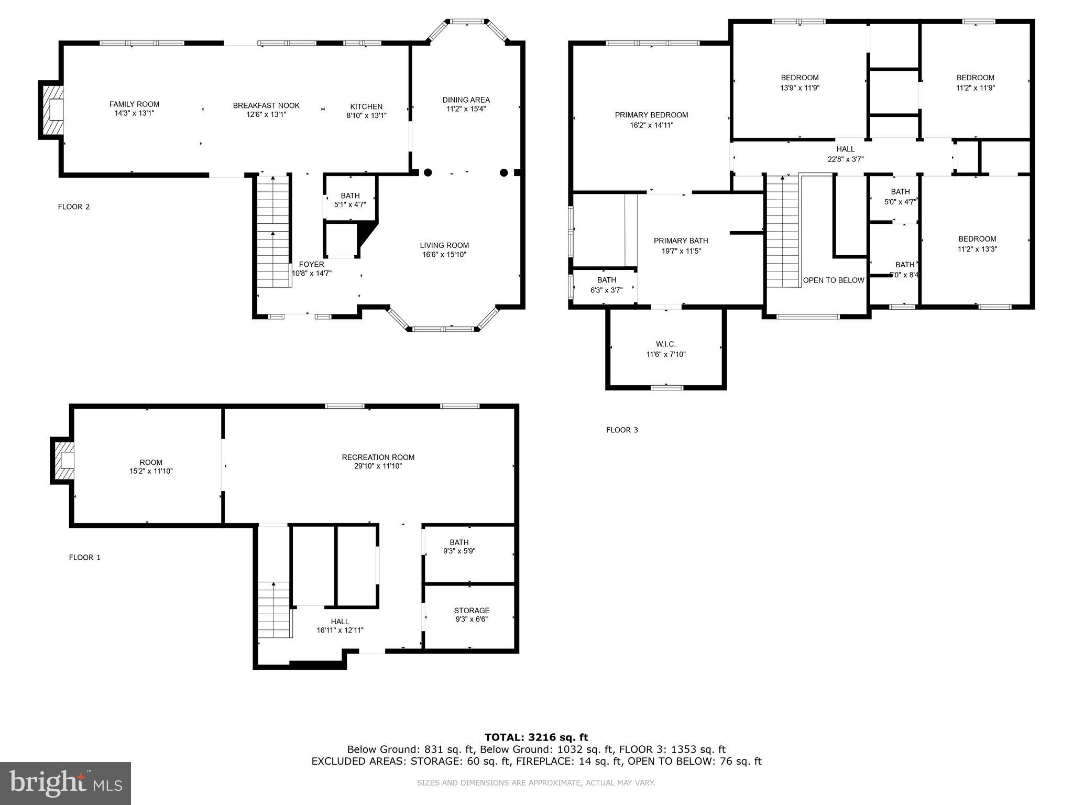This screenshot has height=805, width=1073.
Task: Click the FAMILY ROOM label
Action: point(134,104)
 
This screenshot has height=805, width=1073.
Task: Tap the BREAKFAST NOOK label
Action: point(266,105)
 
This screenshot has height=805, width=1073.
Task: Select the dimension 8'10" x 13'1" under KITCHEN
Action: point(366,115)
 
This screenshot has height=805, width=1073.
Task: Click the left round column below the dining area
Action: point(428,172)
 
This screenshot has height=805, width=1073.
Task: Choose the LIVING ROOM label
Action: point(444,245)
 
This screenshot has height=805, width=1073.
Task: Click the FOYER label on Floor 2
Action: point(311,264)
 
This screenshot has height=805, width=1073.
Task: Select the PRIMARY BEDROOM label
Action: point(651,115)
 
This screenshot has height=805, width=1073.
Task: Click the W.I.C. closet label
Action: point(666,344)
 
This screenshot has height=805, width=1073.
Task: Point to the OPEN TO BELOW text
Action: point(833,280)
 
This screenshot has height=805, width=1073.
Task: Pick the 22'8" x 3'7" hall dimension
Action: point(846,159)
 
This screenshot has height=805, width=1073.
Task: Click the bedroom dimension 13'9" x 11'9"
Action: point(800,88)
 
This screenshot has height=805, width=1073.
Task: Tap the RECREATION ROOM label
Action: point(378,457)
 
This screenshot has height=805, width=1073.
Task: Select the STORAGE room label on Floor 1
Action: point(472,610)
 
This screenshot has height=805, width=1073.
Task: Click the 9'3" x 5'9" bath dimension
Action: point(459,551)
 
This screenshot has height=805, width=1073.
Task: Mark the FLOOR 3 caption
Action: point(622,430)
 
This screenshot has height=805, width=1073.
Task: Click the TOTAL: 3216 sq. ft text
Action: point(536,737)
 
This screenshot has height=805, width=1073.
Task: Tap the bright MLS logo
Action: point(65,783)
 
